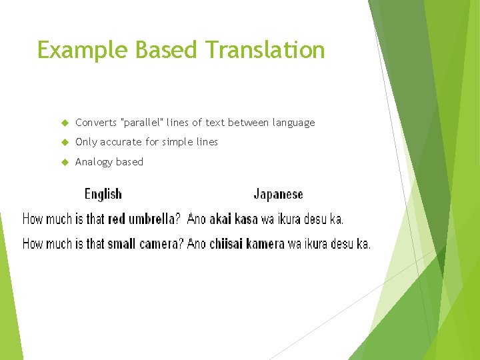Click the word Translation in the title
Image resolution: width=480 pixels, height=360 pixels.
click(265, 50)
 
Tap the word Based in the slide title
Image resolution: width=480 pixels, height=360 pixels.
click(167, 50)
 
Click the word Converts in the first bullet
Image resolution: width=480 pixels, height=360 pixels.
click(95, 123)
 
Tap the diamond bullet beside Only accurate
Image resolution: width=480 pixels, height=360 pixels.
click(65, 142)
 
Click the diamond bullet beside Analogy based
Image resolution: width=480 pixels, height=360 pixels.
click(65, 162)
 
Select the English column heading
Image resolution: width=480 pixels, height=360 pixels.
click(103, 194)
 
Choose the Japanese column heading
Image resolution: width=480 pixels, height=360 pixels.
click(278, 194)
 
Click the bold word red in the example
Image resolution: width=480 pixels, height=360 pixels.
click(117, 219)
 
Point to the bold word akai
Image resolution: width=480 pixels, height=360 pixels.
click(221, 219)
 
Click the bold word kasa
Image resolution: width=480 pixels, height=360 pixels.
click(247, 219)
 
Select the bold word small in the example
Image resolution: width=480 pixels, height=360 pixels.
click(121, 244)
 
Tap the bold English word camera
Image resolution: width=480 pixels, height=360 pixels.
click(161, 244)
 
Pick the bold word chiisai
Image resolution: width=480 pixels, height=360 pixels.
click(226, 244)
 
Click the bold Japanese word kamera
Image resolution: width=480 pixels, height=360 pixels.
click(265, 244)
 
